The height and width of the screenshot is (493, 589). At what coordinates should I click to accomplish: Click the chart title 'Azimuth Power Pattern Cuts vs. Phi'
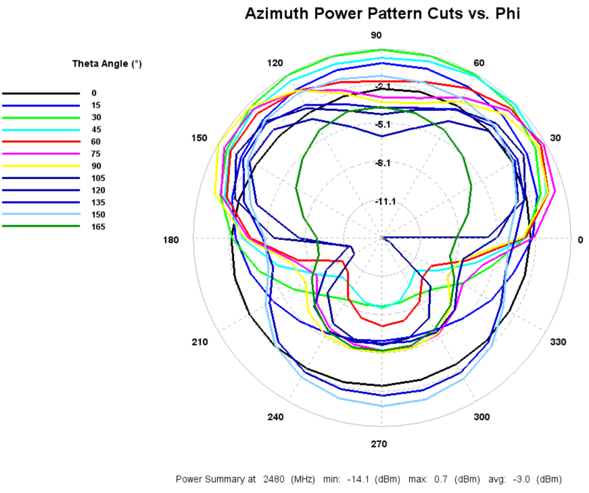[382, 14]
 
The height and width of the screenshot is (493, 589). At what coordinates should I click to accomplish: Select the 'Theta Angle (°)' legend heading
[107, 64]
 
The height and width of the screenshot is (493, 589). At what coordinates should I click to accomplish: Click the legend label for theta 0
[94, 93]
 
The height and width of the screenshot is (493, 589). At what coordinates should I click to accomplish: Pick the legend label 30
[96, 117]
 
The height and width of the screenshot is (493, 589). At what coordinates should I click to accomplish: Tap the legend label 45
[96, 130]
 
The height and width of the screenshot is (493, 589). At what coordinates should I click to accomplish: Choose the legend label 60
[96, 142]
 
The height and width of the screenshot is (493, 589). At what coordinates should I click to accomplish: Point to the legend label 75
[96, 153]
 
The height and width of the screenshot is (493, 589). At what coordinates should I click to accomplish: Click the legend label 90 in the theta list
[96, 166]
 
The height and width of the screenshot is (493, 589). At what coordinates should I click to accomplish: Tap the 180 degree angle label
[171, 240]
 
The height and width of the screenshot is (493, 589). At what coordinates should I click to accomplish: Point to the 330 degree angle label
[558, 342]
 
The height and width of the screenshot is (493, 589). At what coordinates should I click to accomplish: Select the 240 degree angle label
[275, 417]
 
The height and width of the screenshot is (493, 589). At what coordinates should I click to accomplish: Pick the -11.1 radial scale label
[385, 202]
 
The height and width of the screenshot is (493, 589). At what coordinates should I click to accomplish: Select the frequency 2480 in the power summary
[274, 479]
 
